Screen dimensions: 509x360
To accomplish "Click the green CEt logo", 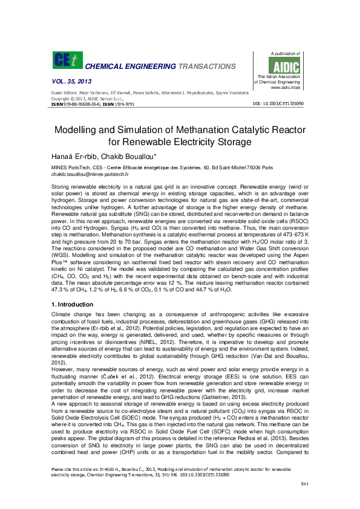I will pos(65,60).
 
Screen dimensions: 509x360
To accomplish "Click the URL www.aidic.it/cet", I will pos(286,88).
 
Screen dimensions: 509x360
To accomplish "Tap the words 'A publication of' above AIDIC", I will pos(286,53).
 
